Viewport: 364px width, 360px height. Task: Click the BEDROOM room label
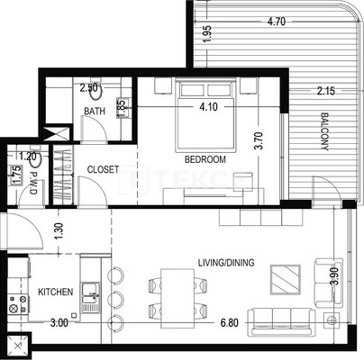(x=205, y=159)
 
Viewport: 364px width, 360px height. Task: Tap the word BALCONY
(x=324, y=131)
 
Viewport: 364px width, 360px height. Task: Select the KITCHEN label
(x=56, y=292)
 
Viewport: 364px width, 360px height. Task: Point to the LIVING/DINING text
(x=226, y=263)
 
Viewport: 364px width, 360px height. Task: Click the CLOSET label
(x=103, y=169)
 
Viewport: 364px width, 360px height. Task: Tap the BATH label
(x=95, y=112)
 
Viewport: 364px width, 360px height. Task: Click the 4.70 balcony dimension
(x=277, y=22)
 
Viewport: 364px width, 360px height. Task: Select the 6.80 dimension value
(x=230, y=323)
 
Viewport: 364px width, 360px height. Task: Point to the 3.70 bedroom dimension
(x=259, y=140)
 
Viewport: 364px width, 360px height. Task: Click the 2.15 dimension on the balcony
(x=326, y=91)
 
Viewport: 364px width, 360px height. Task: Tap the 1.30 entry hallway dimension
(x=59, y=230)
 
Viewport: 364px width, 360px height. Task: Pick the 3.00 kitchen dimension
(x=59, y=323)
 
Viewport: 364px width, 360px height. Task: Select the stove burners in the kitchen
(x=18, y=304)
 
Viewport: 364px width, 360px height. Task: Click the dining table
(x=177, y=299)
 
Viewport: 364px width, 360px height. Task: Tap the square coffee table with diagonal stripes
(x=286, y=280)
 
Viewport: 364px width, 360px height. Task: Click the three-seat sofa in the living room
(x=281, y=321)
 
